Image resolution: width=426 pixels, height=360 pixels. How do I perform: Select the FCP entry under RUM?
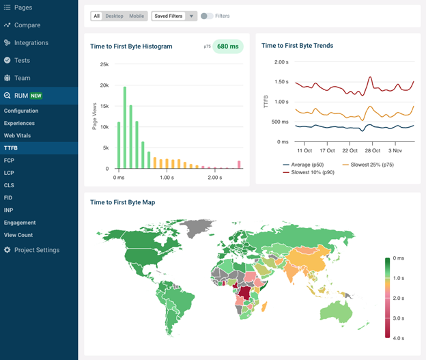9,161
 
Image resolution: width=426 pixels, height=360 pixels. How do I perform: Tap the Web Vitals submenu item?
17,135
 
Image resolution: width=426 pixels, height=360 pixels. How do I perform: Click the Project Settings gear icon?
8,250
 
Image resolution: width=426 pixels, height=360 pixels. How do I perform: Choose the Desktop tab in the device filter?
114,16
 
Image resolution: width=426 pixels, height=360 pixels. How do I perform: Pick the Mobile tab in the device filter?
137,16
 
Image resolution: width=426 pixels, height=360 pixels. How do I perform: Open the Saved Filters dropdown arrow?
191,16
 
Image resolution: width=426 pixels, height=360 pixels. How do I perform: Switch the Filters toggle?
207,16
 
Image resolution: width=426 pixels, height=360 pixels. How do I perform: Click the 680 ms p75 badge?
227,46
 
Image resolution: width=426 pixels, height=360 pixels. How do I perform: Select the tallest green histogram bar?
125,128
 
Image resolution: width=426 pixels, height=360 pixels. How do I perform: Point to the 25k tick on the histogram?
104,64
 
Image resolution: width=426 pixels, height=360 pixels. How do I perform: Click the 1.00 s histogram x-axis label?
167,178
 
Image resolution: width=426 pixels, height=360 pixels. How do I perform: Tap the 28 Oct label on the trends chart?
372,151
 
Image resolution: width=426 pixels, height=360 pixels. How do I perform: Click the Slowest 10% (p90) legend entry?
309,172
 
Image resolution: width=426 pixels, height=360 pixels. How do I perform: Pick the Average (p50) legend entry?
303,165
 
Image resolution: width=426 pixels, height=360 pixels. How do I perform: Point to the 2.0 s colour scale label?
398,299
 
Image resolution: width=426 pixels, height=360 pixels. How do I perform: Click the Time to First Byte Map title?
122,202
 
